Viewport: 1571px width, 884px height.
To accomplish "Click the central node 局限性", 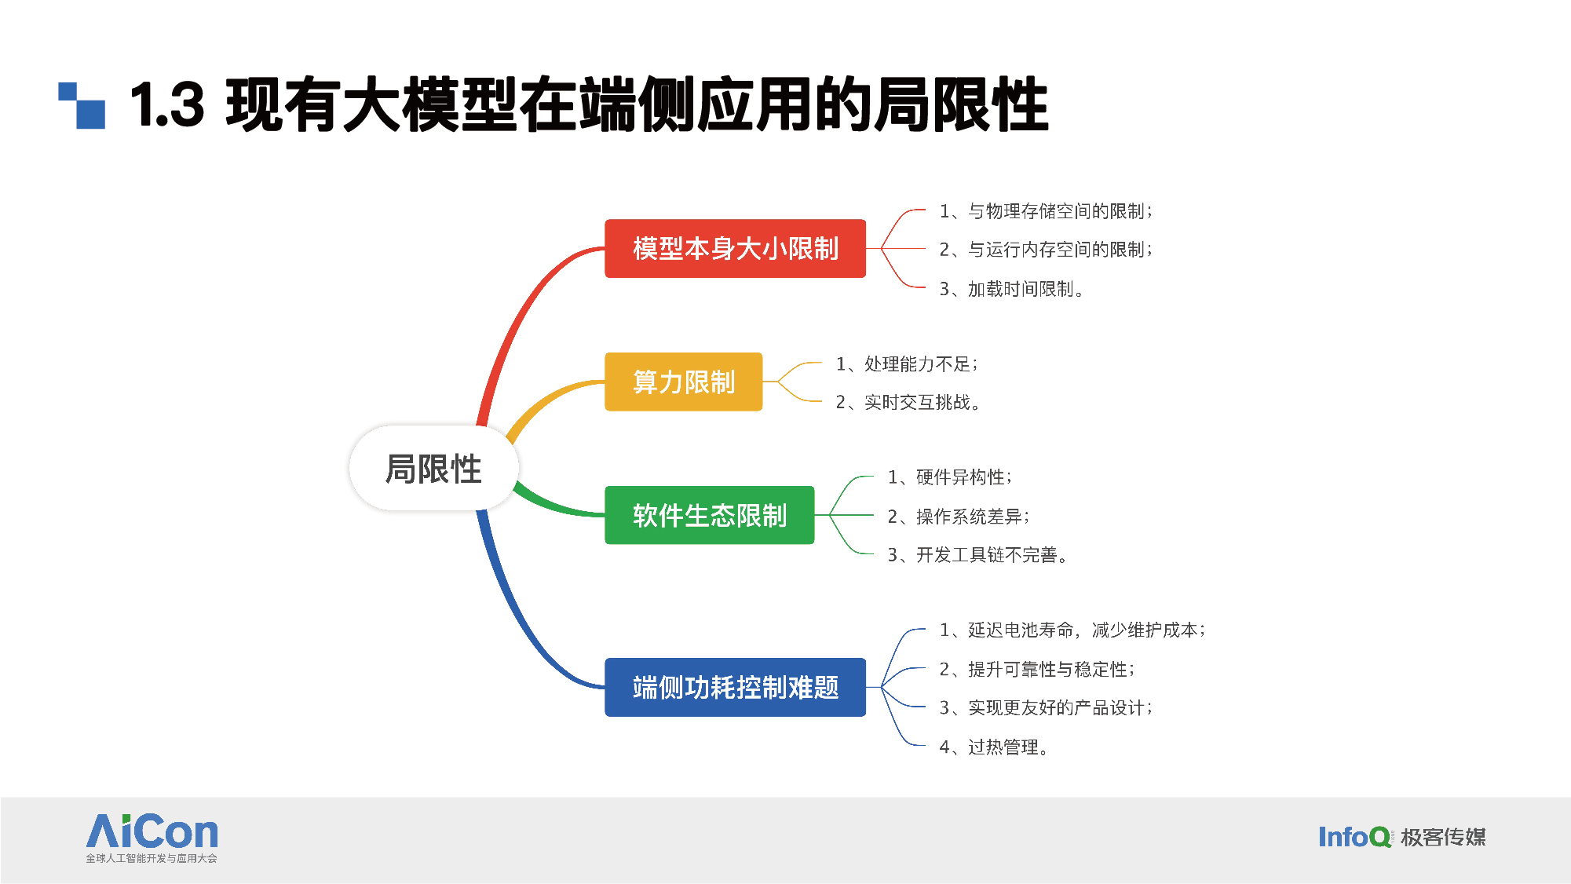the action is click(x=433, y=469).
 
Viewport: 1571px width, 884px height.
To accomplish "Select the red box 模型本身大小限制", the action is click(x=735, y=248).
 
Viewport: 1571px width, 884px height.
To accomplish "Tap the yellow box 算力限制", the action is click(x=683, y=382).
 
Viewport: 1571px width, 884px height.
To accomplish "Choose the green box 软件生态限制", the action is click(x=709, y=515).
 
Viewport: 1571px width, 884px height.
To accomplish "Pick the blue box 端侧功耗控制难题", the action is click(x=735, y=687).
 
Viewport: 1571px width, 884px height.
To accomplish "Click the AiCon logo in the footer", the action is click(x=152, y=838).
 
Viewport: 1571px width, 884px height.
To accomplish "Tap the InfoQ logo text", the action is click(x=1354, y=837).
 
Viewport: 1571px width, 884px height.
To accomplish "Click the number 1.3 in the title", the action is click(x=167, y=104).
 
